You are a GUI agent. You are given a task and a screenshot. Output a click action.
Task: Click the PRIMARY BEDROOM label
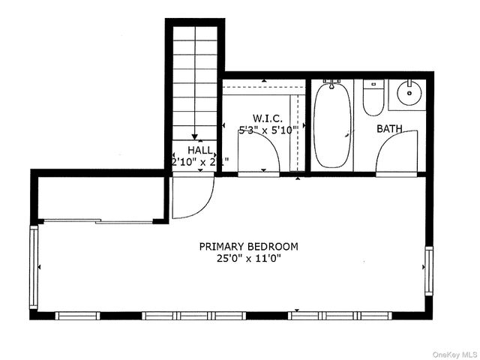click(x=248, y=246)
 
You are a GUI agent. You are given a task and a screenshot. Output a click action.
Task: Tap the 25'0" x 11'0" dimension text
click(x=248, y=259)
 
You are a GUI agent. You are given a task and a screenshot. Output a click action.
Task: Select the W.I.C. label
click(x=267, y=118)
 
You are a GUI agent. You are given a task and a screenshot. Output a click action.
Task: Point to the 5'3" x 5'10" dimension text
click(x=268, y=130)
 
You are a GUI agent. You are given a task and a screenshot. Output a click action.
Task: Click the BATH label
click(x=389, y=129)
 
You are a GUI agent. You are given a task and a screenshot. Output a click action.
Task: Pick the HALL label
click(x=189, y=150)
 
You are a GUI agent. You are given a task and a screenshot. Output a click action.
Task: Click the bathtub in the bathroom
click(x=331, y=127)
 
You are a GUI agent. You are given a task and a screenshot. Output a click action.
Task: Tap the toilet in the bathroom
click(x=373, y=99)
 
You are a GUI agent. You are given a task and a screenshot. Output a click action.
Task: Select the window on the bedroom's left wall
click(x=34, y=268)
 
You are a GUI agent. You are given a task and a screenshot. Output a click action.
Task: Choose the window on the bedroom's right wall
click(x=428, y=271)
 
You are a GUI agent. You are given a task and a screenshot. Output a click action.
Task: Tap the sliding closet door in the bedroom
click(x=97, y=221)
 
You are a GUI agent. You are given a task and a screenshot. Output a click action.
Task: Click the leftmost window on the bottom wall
click(x=78, y=316)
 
